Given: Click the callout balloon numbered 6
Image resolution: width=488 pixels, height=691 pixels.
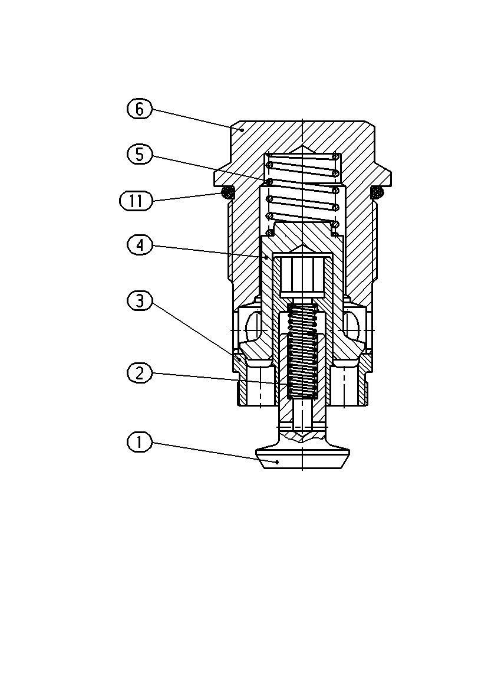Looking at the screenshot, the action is coord(140,109).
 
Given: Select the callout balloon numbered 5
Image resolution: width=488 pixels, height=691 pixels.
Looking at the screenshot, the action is coord(140,154).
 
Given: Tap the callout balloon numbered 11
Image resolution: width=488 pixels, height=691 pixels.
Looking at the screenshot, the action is coord(136,201).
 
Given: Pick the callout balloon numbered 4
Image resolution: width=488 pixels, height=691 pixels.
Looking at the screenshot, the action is coord(140,245).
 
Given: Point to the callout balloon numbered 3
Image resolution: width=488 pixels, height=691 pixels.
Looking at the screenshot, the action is coord(140,301).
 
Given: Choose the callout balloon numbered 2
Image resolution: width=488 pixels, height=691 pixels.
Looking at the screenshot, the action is coord(140,374).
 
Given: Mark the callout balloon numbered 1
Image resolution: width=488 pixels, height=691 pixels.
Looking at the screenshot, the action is coord(140,441).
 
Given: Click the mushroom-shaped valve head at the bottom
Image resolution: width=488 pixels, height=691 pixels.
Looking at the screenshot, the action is coord(303,459).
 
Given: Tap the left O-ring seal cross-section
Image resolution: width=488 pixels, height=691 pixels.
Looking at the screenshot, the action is coord(227,192).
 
